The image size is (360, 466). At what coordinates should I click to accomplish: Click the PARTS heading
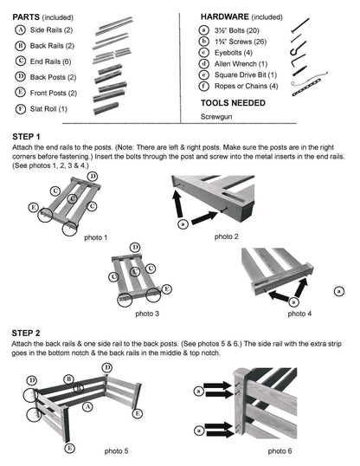(26, 17)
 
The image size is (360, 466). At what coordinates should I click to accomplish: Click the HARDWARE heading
(225, 17)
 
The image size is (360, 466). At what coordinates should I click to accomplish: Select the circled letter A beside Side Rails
(20, 30)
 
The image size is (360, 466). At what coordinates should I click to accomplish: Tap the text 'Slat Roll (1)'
(48, 109)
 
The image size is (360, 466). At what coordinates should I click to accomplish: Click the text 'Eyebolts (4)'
(234, 53)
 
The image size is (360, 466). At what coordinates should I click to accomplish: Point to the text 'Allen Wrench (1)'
(241, 64)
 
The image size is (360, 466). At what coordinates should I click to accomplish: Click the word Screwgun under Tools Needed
(216, 116)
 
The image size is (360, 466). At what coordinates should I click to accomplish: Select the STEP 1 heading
(26, 137)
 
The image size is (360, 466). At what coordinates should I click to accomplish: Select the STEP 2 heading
(26, 333)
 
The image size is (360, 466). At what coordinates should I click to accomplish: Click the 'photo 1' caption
(96, 237)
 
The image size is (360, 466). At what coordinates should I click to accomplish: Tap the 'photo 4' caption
(299, 314)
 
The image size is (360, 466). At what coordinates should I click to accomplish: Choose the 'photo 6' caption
(280, 451)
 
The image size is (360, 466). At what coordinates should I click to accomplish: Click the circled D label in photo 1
(93, 177)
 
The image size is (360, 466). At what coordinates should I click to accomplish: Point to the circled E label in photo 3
(167, 289)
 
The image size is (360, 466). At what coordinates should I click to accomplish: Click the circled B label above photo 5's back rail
(68, 379)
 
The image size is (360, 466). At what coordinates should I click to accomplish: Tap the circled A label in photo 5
(87, 406)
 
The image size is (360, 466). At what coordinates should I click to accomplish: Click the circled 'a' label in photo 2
(183, 223)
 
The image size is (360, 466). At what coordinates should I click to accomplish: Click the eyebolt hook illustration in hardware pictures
(298, 49)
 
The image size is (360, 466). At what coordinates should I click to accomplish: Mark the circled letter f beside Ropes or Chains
(203, 86)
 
